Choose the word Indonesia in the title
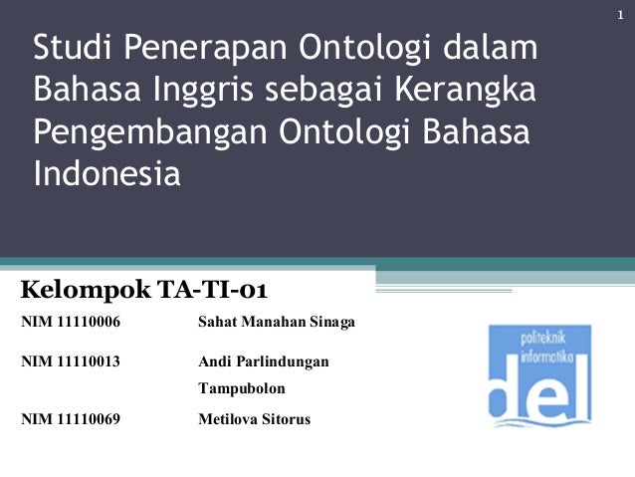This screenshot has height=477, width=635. pyautogui.click(x=107, y=175)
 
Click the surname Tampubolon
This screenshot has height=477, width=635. pyautogui.click(x=242, y=389)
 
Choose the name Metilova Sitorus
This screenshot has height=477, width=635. pyautogui.click(x=255, y=419)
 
